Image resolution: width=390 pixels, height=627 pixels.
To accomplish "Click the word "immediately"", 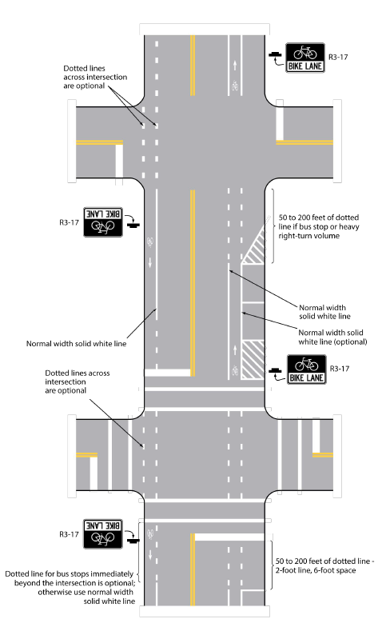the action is click(x=114, y=574).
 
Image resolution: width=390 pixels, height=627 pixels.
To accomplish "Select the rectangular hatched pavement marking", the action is click(x=253, y=359).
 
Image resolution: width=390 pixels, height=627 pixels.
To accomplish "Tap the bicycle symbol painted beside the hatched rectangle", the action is click(x=235, y=371).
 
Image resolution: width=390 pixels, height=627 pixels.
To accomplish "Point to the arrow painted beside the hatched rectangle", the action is click(x=235, y=349).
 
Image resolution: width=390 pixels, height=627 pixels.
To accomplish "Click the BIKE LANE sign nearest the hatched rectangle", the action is click(x=307, y=369).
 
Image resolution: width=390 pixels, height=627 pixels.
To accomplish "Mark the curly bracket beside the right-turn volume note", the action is click(x=273, y=226).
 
